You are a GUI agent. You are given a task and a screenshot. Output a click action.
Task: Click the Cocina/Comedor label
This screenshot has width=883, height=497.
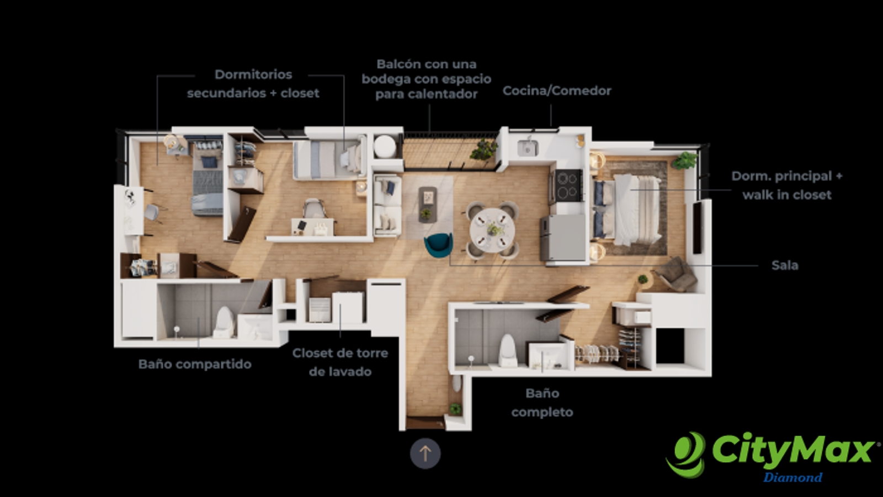[x=557, y=91]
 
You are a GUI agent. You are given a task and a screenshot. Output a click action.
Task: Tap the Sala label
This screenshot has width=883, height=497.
[x=784, y=265]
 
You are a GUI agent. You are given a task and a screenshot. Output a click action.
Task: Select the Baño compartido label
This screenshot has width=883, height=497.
[x=195, y=364]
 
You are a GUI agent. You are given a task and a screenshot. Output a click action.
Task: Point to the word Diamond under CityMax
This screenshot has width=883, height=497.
[x=792, y=478]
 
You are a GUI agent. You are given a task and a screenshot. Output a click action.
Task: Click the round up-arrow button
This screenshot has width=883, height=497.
[x=425, y=453]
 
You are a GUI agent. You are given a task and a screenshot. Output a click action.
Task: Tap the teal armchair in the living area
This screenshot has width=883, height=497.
[x=438, y=245]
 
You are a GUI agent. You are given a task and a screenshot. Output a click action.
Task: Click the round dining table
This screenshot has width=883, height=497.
[x=492, y=230]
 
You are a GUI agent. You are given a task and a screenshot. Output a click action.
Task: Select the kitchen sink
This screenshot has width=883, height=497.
[x=528, y=147]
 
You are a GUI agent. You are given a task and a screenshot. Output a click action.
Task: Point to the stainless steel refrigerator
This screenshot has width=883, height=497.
[x=563, y=238]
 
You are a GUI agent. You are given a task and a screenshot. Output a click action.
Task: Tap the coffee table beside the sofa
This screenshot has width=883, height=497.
[x=428, y=205]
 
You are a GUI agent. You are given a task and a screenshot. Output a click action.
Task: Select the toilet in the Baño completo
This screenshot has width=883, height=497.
[x=507, y=351]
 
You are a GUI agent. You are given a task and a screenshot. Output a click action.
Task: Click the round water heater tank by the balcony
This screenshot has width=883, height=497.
[x=385, y=147]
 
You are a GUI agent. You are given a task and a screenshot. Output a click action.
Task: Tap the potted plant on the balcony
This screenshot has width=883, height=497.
[x=483, y=150]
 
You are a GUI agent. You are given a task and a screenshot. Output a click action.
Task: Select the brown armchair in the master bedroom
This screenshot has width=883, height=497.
[x=675, y=275]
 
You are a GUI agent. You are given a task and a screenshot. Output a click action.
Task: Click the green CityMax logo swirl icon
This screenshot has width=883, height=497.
[x=685, y=455]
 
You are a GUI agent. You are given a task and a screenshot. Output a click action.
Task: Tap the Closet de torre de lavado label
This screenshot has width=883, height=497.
[x=340, y=362]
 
